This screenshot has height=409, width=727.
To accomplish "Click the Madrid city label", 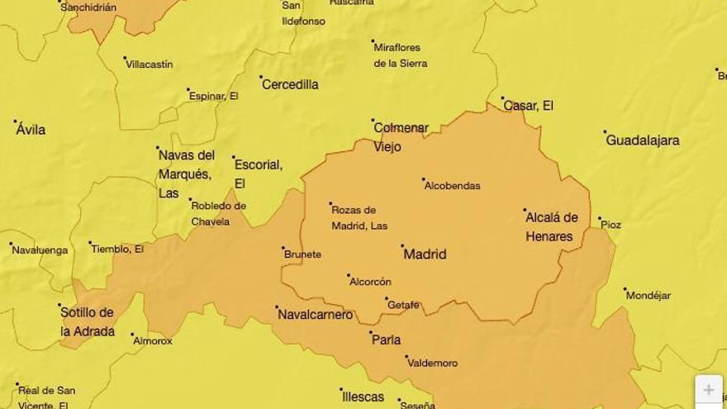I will click(x=425, y=254).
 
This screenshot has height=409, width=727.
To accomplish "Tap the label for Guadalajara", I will click(x=643, y=140).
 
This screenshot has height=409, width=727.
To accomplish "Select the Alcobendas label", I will click(x=452, y=186).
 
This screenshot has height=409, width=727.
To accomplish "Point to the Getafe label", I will click(x=404, y=305).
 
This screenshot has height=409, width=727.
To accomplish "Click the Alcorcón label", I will click(x=370, y=282).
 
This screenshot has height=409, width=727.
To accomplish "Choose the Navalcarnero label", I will click(x=316, y=315).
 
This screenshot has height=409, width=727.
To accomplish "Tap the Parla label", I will click(x=386, y=340).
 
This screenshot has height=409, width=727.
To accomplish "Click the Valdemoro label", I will click(x=433, y=363).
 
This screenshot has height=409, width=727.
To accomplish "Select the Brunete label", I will click(x=302, y=254).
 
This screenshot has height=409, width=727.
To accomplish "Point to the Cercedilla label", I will click(x=290, y=84).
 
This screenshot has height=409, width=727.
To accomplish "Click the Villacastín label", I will click(x=150, y=64).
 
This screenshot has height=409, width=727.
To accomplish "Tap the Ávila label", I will click(x=31, y=130).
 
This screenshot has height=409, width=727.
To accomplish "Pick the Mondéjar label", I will click(x=649, y=296).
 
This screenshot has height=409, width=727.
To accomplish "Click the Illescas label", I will click(x=363, y=397).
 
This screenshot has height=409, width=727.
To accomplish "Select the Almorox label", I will click(x=153, y=340).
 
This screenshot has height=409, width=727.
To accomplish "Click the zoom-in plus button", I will click(x=709, y=390).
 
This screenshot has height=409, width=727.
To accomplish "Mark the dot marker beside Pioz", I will click(x=601, y=219).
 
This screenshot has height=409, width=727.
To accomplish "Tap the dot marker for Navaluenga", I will click(x=11, y=244).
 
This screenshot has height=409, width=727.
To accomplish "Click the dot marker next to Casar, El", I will click(x=502, y=98).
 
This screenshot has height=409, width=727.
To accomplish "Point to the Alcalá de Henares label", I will click(x=551, y=227).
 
